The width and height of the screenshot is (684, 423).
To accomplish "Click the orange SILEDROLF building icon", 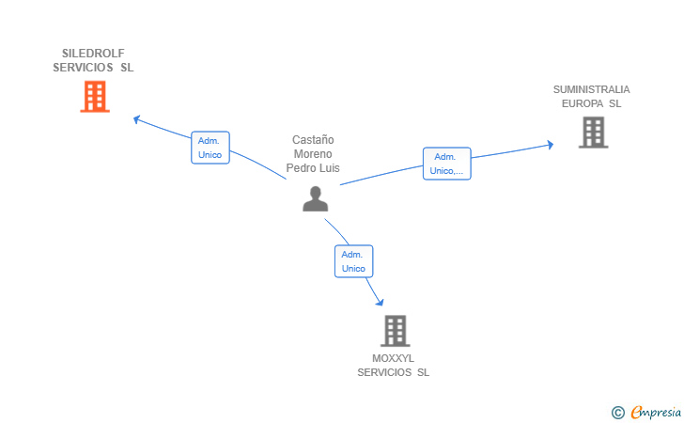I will (x=94, y=97).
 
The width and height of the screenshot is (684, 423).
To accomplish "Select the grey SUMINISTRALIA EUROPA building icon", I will (x=593, y=133).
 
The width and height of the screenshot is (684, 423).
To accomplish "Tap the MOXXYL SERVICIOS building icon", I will (x=396, y=331).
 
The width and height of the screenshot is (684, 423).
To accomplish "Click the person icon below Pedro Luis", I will (x=315, y=198).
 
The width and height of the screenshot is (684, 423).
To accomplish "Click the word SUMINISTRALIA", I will (x=591, y=89).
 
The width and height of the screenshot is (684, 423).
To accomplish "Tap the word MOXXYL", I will (x=393, y=358).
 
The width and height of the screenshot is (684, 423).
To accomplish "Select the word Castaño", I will (x=313, y=140).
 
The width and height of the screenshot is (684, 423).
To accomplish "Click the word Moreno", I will (x=313, y=154).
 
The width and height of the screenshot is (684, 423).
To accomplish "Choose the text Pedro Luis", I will (x=313, y=168).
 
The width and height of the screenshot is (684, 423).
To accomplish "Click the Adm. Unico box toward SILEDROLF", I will (x=210, y=148).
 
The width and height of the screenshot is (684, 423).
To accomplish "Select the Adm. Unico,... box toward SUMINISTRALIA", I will (x=446, y=164).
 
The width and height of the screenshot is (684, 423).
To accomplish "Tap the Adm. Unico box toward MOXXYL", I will (x=353, y=261).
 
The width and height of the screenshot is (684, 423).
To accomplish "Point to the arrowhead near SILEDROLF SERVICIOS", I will (x=137, y=119).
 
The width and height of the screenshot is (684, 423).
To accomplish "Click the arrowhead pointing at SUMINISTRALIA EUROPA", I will (x=550, y=144).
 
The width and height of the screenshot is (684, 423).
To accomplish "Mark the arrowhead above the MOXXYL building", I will (x=380, y=301).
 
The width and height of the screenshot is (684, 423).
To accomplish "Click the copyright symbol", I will (x=617, y=412).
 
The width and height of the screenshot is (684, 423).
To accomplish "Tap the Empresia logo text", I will (x=656, y=411).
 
